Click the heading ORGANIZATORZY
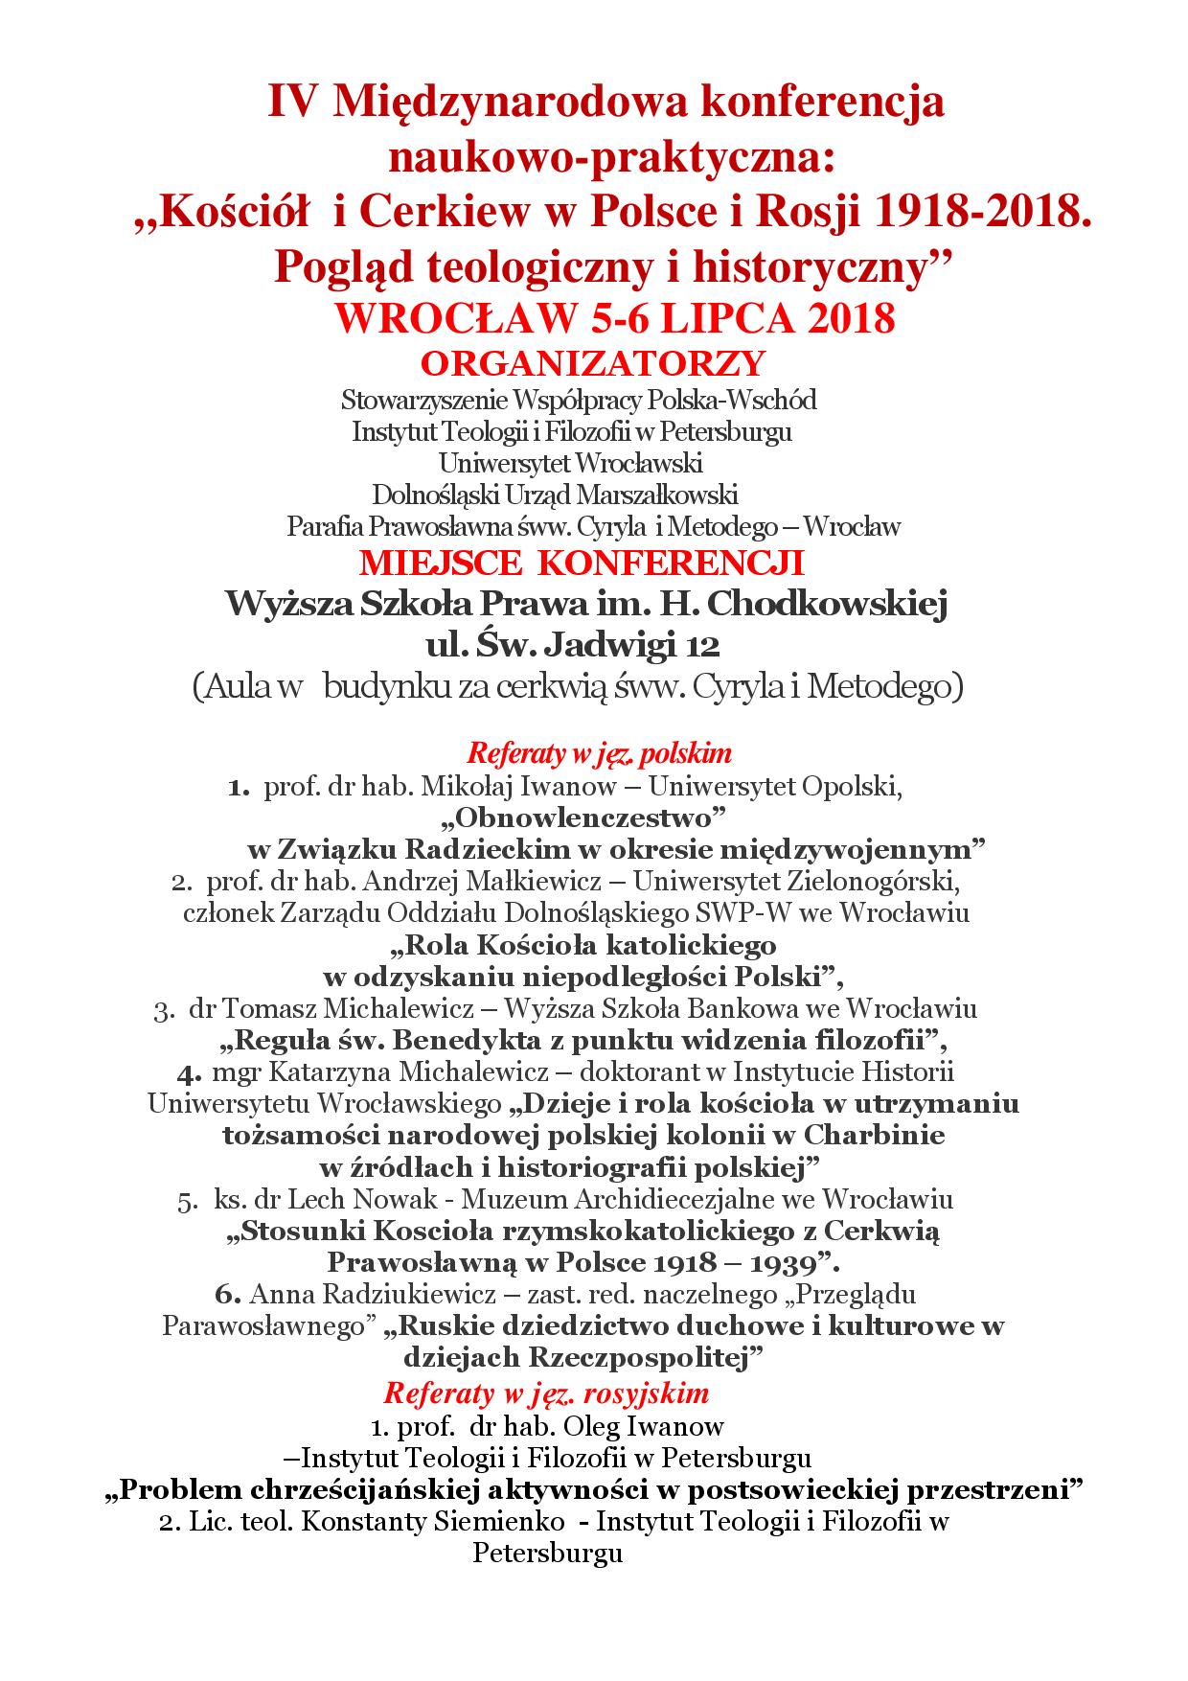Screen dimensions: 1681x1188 coord(594,363)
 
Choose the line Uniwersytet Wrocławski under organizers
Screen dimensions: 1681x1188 coord(571,463)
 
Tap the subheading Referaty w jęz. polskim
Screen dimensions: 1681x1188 coord(600,753)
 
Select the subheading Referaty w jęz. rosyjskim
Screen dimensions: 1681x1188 coord(546,1391)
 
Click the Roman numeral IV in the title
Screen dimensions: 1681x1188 coord(293,102)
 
